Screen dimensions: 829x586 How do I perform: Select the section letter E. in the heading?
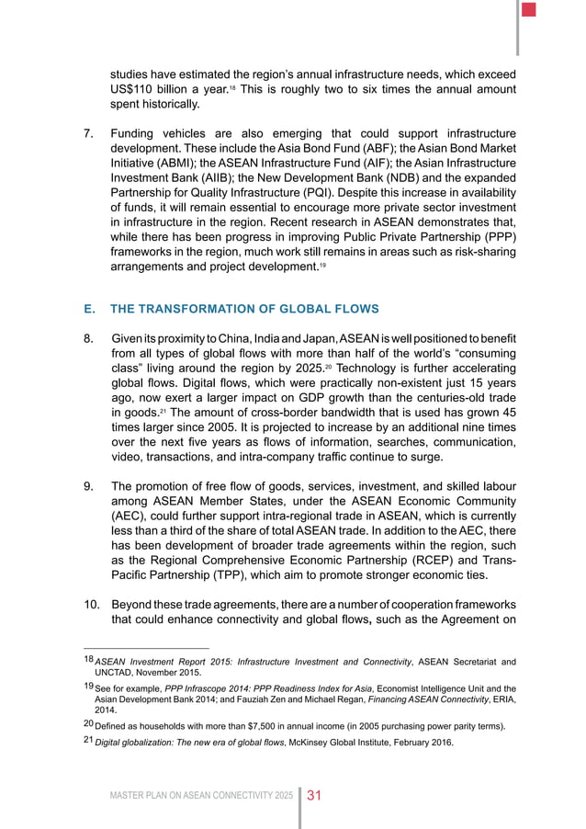coord(90,309)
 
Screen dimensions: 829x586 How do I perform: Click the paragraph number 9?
coord(88,486)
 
